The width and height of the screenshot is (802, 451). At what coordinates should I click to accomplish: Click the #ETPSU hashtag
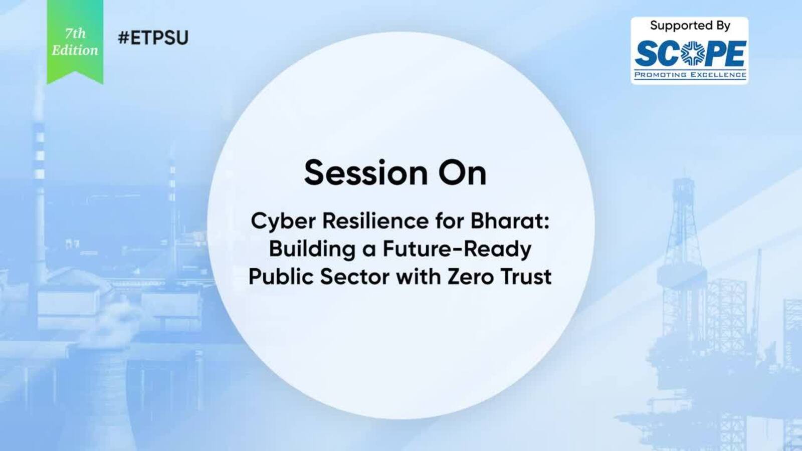click(153, 38)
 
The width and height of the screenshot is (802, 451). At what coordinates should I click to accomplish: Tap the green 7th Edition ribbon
click(75, 41)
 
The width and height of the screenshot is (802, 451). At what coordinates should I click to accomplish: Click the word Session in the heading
click(366, 173)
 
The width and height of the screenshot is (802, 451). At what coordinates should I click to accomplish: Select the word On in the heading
click(463, 173)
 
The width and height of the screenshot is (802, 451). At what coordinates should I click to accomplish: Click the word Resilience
click(375, 220)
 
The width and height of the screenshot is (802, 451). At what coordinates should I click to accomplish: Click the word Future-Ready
click(457, 250)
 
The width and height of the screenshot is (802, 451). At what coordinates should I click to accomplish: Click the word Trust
click(525, 277)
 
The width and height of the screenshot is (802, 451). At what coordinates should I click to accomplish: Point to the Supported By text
click(690, 26)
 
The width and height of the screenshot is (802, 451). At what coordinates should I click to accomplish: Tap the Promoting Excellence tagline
click(690, 75)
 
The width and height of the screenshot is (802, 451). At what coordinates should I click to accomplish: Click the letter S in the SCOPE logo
click(646, 54)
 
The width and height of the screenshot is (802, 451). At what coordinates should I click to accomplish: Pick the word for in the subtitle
click(450, 220)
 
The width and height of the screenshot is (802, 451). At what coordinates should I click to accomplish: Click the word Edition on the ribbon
click(75, 51)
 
